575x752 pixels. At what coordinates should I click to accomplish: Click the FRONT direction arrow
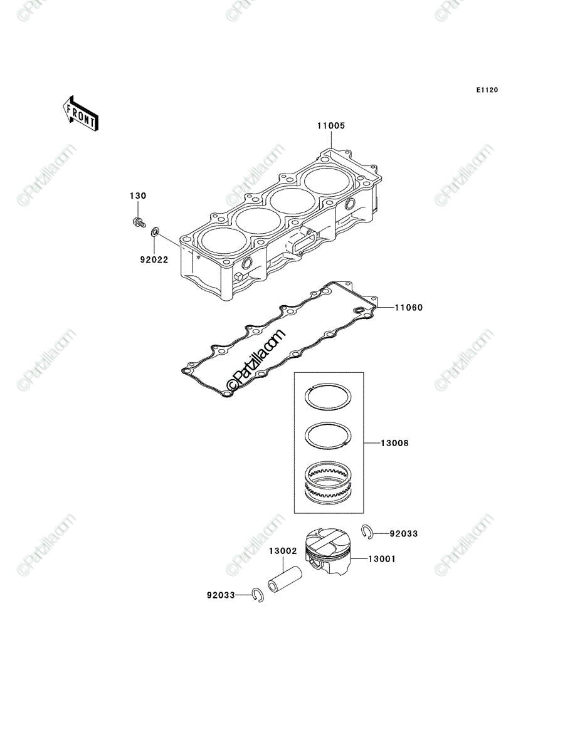(80, 113)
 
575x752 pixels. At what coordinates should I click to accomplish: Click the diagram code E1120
(487, 90)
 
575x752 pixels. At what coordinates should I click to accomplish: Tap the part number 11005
(331, 126)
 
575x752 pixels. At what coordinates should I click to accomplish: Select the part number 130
(138, 196)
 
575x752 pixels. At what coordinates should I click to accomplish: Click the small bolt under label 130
(139, 222)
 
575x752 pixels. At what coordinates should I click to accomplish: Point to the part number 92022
(154, 260)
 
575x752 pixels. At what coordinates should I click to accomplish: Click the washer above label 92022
(154, 232)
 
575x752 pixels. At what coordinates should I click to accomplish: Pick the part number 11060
(409, 308)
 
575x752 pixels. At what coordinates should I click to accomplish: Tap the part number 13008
(395, 443)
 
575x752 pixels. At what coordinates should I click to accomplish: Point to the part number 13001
(382, 559)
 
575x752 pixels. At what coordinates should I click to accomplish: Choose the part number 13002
(283, 551)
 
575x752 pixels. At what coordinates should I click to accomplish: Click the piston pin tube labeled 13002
(285, 579)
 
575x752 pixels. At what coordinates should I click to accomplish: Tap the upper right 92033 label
(404, 534)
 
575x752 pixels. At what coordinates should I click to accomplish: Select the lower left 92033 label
(221, 595)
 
